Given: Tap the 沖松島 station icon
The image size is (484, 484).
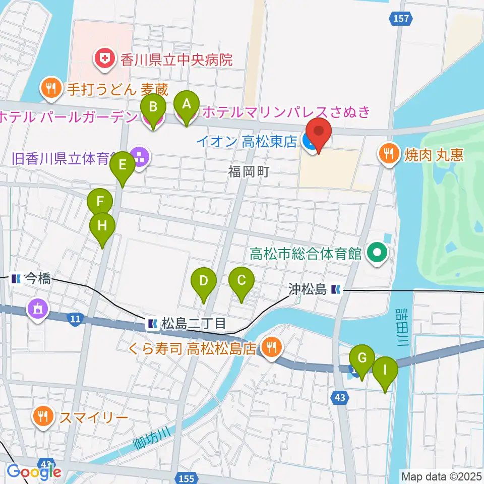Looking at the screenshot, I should pos(336,289).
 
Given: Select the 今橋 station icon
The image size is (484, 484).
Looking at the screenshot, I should pos(16,278).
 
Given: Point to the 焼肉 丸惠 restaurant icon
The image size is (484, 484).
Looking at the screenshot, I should pos(389,154).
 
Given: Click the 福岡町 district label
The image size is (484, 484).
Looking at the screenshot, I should pos(250,172).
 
